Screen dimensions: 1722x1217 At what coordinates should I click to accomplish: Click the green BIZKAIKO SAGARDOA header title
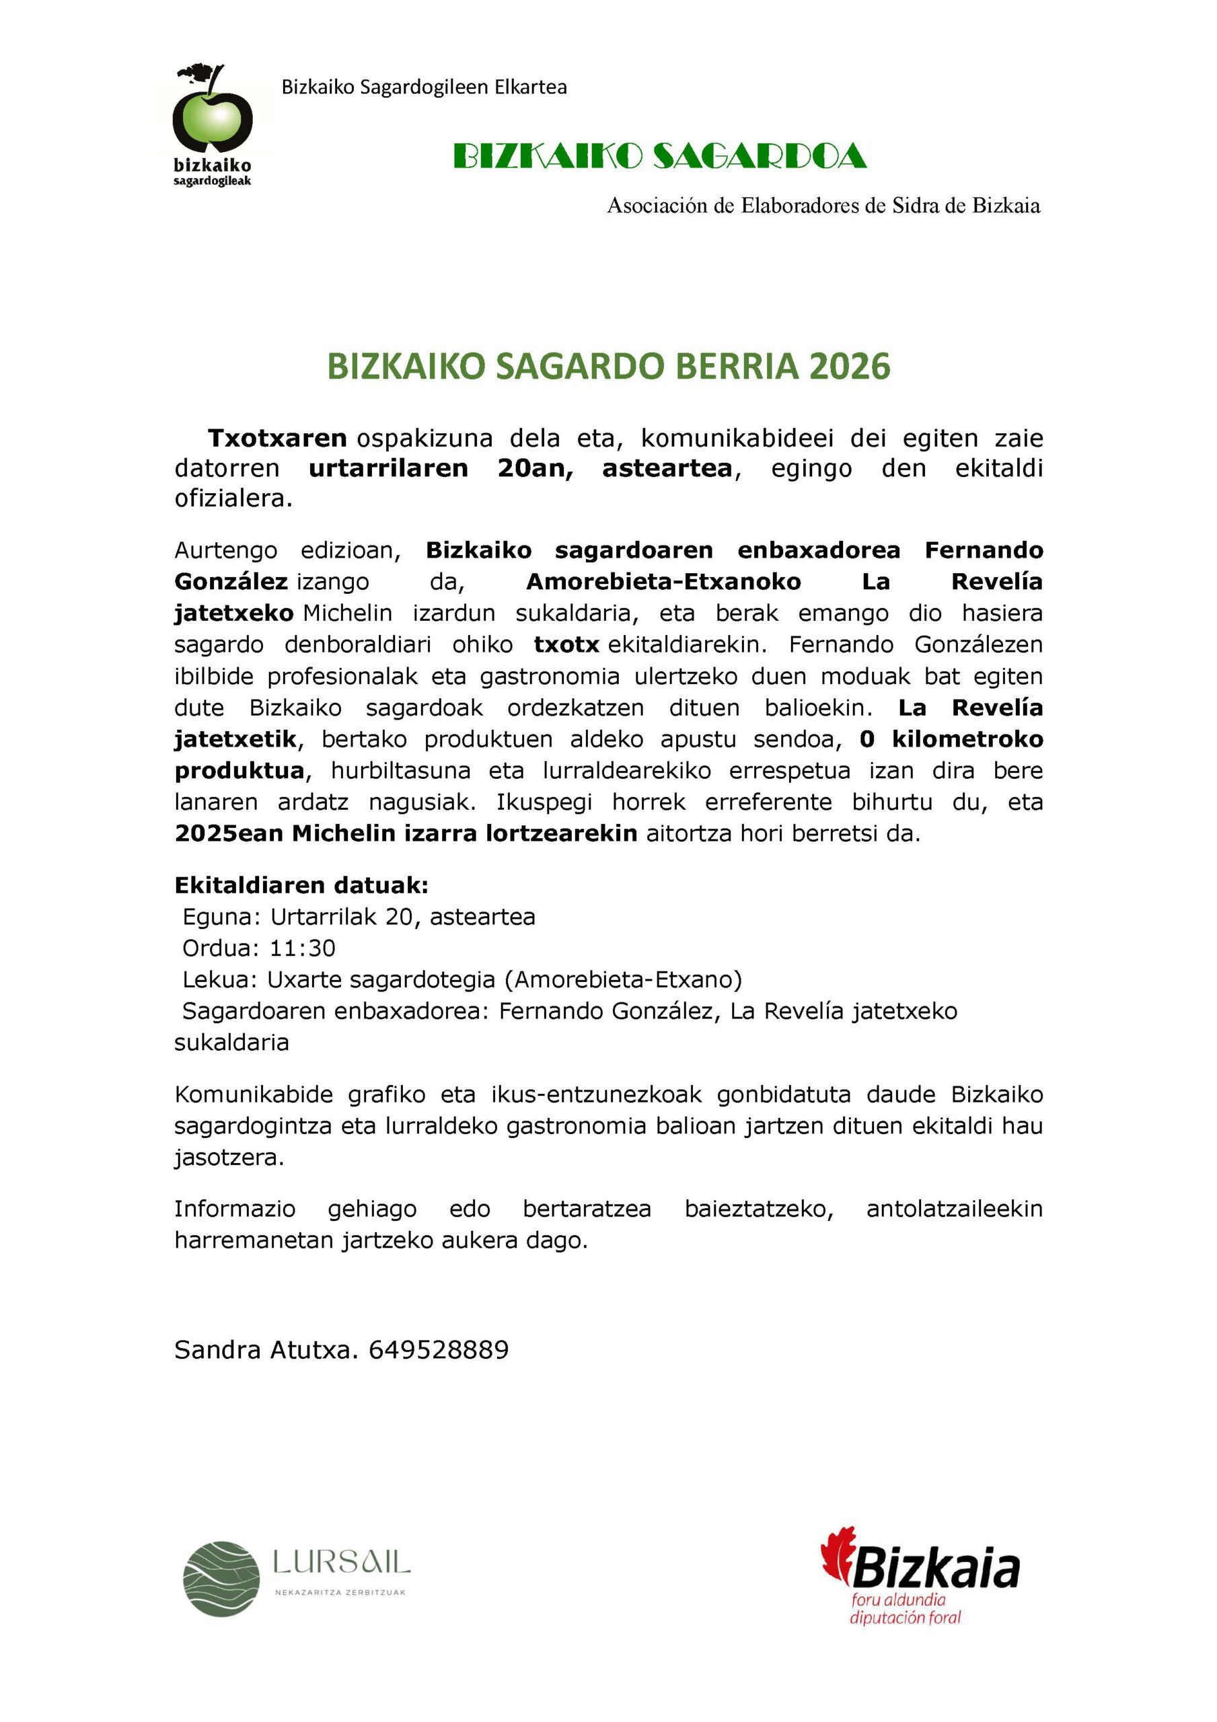tap(660, 157)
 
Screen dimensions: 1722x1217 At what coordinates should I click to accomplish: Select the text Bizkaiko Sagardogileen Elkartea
tap(424, 87)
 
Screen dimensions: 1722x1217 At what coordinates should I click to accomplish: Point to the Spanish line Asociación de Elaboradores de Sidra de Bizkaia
tap(823, 206)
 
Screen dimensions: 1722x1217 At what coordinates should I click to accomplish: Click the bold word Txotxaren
tap(277, 437)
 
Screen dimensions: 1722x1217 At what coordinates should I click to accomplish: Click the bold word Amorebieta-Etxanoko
tap(663, 581)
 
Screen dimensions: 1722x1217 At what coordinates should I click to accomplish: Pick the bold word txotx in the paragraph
tap(566, 644)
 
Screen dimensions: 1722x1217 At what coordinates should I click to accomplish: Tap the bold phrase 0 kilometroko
tap(951, 739)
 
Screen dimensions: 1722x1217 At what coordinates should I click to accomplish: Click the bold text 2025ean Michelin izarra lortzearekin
tap(405, 833)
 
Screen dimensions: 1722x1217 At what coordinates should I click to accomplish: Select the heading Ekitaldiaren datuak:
tap(301, 885)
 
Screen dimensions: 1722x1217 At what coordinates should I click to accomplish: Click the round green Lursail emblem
tap(222, 1578)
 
